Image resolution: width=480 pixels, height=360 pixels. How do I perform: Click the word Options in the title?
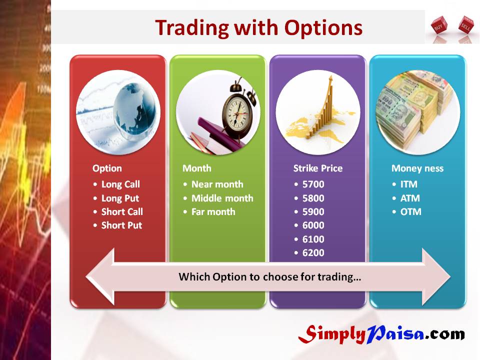tap(323, 28)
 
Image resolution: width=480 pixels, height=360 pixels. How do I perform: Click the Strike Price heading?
tap(318, 168)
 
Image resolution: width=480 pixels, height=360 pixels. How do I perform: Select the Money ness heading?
tap(417, 168)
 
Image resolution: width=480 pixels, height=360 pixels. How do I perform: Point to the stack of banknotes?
tap(415, 109)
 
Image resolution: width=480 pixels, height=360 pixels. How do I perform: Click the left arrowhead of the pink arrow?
tap(100, 276)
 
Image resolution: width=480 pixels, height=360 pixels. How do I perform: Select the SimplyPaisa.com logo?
tap(381, 333)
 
